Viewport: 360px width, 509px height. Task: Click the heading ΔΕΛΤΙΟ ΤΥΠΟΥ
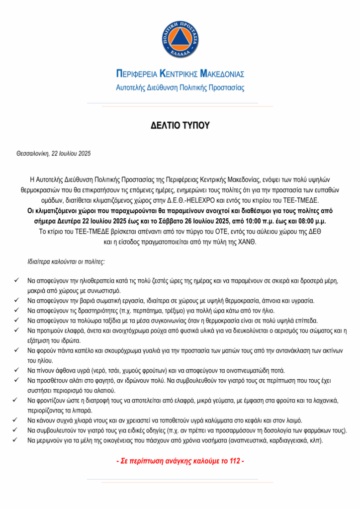tap(180, 126)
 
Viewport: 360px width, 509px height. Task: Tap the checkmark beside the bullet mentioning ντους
tap(18, 420)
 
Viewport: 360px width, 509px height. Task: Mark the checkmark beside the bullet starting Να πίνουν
tap(18, 370)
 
